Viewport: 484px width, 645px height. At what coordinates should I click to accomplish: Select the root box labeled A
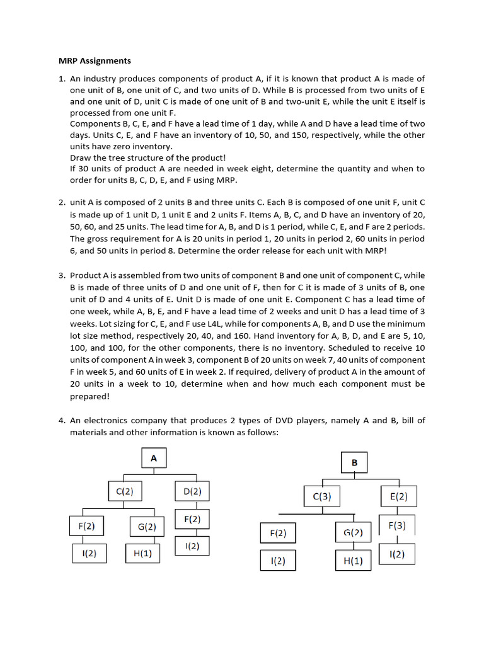point(154,459)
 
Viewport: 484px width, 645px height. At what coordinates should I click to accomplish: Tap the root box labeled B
point(354,463)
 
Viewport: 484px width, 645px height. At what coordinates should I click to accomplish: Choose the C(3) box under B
point(322,496)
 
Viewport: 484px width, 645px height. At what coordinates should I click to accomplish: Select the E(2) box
point(398,496)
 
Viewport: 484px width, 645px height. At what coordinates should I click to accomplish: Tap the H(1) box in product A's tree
point(142,553)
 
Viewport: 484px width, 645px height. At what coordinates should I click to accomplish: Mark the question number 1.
point(62,79)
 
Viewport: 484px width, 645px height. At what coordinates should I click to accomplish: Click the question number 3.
point(62,275)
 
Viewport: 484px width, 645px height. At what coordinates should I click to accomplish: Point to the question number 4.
point(62,420)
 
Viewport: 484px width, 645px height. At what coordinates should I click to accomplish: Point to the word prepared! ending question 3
point(89,396)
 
